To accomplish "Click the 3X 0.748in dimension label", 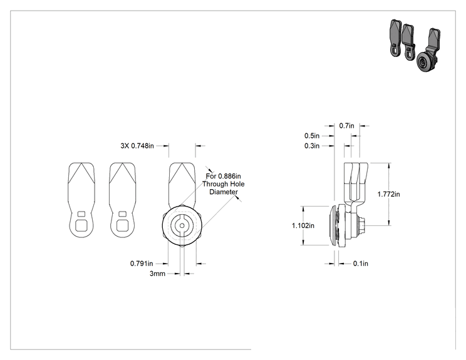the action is coord(137,146).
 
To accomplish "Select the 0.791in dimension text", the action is coord(142,264).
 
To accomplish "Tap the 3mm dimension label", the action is coord(157,274).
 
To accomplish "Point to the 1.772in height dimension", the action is coord(388,194).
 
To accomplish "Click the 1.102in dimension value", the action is coord(303,226).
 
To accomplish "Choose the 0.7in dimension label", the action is coord(346,126).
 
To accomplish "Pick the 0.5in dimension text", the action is coord(312,136).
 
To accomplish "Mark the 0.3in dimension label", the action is coord(312,146).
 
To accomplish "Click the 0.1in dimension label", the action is coord(361,264).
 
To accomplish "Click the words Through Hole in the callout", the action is coord(224,184).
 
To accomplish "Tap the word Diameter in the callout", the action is coord(224,192).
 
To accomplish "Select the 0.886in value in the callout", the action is coord(229,176).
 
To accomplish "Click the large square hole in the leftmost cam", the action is coord(81,225).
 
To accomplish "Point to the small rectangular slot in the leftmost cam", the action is coord(81,214).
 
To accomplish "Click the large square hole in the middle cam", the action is coord(122,225).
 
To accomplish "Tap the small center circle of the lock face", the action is coord(182,226).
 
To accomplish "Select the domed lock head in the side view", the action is coord(334,225).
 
